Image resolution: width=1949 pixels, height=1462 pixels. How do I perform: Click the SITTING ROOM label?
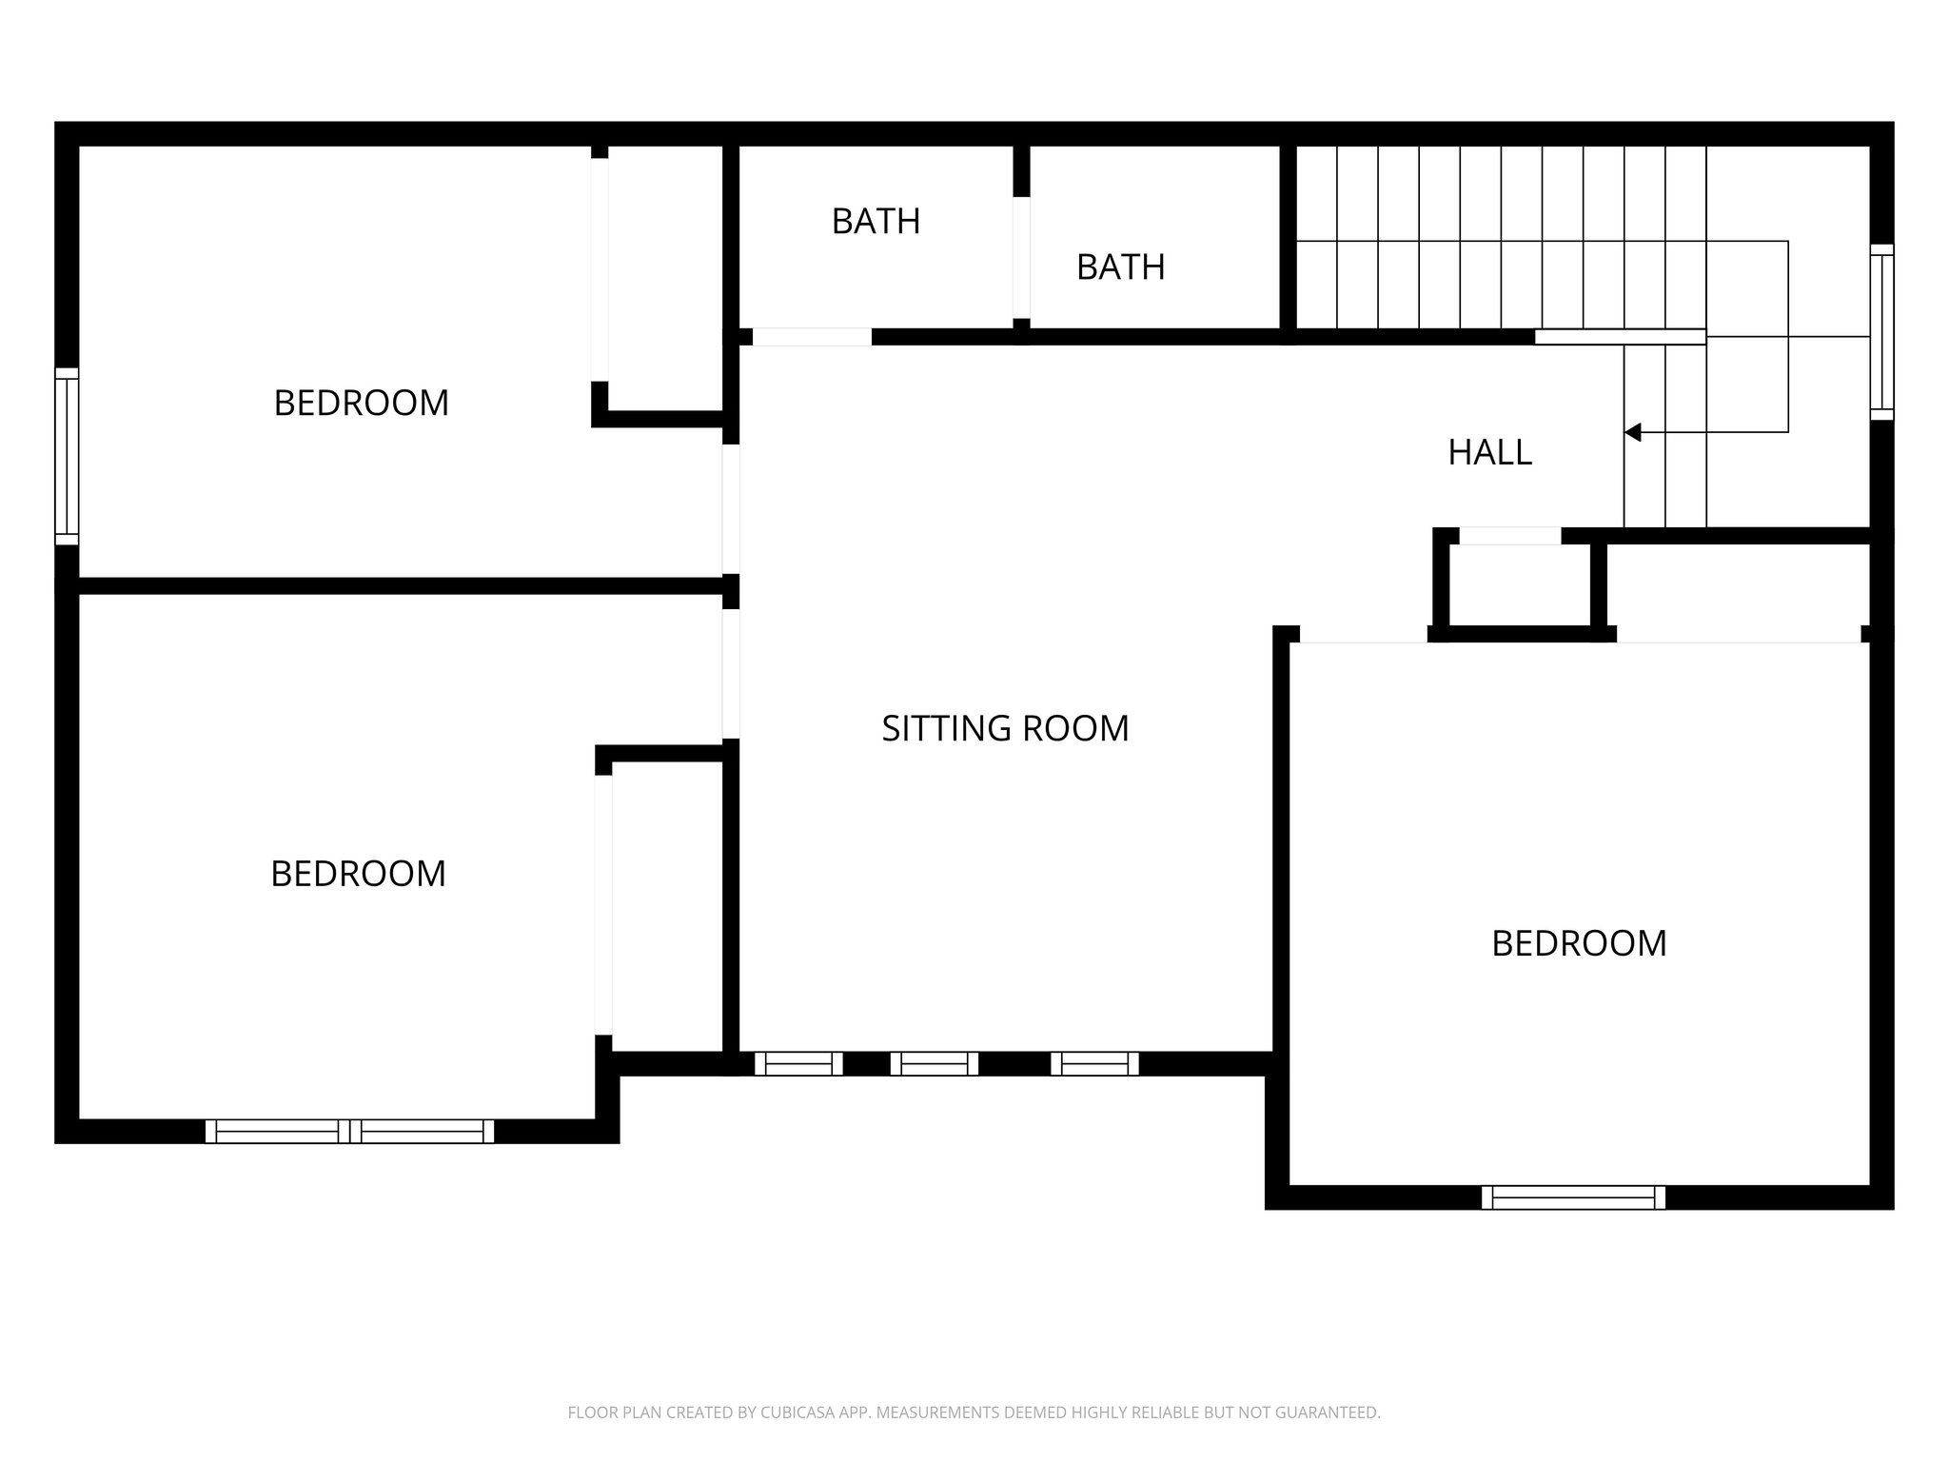1005,728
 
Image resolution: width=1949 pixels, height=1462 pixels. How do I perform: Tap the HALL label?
1489,452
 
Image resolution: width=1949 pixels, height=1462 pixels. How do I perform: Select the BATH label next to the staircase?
1120,267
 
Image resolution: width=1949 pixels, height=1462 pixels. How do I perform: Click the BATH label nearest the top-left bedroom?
876,222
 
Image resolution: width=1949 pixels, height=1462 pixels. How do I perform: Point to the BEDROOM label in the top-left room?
361,404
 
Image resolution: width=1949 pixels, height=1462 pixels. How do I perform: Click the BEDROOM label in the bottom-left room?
358,874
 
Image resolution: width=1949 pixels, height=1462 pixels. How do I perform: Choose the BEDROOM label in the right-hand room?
1579,943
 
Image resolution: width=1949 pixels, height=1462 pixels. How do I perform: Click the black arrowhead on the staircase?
1633,432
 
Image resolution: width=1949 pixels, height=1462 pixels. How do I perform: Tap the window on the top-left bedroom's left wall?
67,456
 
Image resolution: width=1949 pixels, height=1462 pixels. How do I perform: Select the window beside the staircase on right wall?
1881,331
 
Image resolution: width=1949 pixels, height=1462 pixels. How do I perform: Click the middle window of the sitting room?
934,1063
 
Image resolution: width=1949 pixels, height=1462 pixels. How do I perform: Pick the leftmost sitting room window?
798,1063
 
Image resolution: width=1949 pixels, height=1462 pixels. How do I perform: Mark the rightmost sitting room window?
1094,1063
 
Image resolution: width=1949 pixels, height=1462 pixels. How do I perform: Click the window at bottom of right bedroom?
1573,1197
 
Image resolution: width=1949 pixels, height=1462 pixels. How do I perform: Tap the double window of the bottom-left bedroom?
350,1131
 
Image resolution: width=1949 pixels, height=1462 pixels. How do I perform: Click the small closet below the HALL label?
1519,585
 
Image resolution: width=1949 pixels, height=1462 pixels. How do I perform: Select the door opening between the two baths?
1021,257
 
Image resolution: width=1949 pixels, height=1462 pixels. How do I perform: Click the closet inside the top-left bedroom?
664,276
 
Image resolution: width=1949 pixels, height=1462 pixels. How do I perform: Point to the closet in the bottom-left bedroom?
666,904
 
